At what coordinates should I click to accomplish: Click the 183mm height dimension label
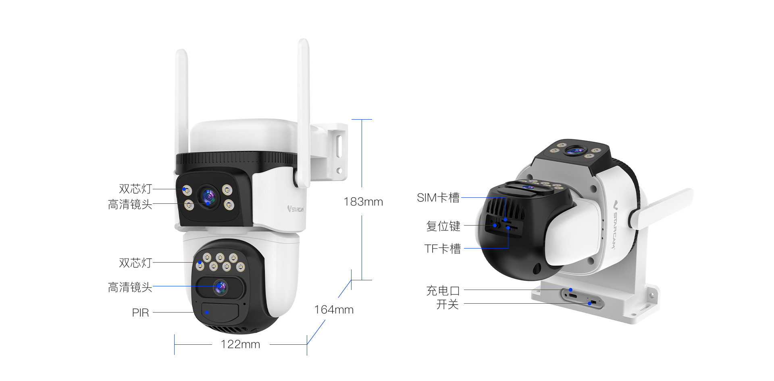[x=363, y=202]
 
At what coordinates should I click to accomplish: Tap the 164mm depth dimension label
[x=333, y=310]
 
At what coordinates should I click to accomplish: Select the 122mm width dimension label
[x=240, y=345]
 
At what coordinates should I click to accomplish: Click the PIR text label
[x=140, y=313]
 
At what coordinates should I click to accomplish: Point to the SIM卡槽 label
[x=438, y=198]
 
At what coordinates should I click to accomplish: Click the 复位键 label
[x=443, y=226]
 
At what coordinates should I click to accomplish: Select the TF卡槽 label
[x=442, y=248]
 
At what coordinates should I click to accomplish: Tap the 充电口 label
[x=443, y=290]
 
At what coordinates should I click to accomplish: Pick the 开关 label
[x=447, y=304]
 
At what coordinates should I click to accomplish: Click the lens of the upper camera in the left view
[x=208, y=197]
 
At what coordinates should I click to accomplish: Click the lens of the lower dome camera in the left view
[x=221, y=287]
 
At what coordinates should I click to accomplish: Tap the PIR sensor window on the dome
[x=220, y=311]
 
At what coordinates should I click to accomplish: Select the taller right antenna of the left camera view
[x=304, y=109]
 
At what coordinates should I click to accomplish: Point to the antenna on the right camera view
[x=661, y=208]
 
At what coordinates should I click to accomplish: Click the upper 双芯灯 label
[x=135, y=189]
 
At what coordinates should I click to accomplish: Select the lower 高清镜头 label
[x=130, y=287]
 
